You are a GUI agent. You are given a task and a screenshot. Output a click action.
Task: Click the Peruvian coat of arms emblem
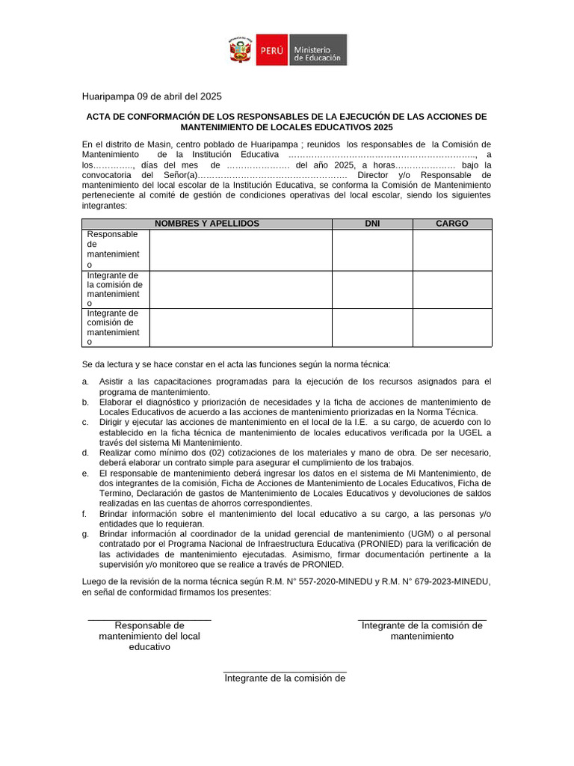point(241,50)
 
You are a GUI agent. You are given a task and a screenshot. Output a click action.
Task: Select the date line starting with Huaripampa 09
point(152,96)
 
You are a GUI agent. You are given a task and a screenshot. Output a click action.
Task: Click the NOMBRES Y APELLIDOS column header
point(207,224)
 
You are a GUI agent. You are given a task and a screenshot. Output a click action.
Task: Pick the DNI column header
point(372,224)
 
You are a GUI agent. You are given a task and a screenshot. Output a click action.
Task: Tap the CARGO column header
point(451,224)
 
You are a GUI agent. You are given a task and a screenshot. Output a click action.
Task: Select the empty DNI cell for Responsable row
point(372,250)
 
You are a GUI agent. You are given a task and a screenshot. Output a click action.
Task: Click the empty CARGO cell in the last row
point(451,328)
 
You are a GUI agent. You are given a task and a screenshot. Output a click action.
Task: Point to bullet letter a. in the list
point(86,382)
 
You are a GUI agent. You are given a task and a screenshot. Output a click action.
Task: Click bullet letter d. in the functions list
point(86,453)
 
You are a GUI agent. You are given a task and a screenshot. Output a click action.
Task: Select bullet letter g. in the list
point(86,533)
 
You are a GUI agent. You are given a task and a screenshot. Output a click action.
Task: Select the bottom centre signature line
point(285,672)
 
